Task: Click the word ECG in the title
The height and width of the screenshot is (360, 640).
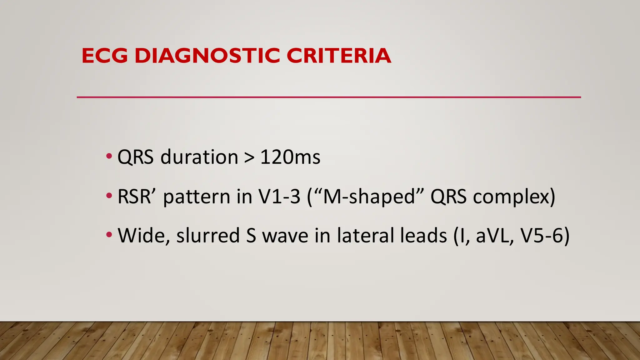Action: coord(105,56)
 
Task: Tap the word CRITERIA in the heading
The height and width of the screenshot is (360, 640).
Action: coord(339,56)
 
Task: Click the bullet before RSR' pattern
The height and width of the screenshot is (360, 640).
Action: coord(109,196)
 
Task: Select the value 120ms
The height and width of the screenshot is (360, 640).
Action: coord(290,157)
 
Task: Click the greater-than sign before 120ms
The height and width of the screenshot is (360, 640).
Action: coord(249,157)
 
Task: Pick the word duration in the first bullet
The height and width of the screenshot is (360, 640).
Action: coord(199,157)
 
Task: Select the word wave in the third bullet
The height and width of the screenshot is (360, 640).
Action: coord(285,236)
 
